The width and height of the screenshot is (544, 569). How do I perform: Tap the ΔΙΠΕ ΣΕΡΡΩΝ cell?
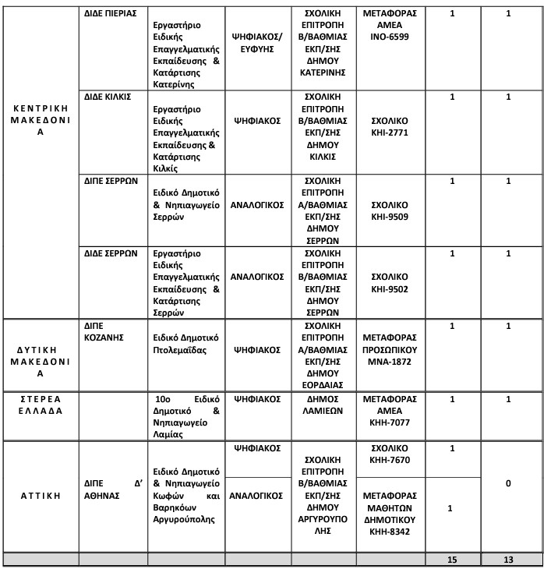click(111, 180)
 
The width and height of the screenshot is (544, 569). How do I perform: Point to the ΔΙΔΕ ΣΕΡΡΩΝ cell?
click(111, 253)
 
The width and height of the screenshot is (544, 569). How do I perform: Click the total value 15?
click(451, 560)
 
